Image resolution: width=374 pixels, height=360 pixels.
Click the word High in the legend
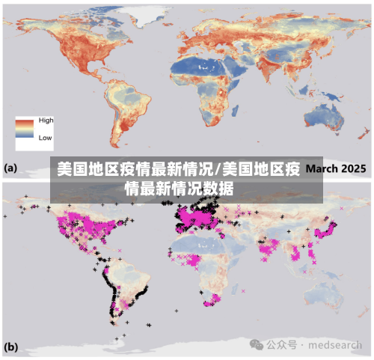(x=46, y=120)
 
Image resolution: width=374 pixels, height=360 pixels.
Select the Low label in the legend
(x=45, y=138)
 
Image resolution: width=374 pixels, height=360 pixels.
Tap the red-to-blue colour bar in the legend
(x=25, y=129)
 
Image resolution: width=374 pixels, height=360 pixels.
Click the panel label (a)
(x=12, y=168)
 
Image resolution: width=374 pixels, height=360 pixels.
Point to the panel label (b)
(x=12, y=347)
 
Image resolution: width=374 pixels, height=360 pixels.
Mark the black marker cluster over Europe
(x=196, y=219)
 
